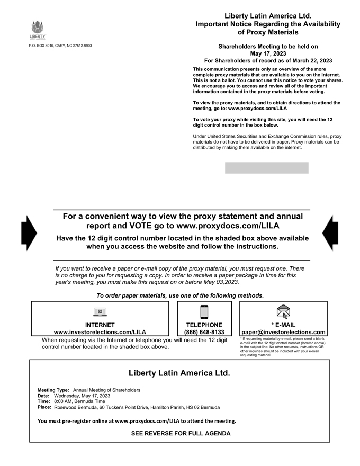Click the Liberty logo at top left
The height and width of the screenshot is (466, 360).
coord(37,30)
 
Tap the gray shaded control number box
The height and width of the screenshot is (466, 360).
coord(266,168)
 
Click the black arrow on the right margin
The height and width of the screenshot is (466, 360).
coord(330,233)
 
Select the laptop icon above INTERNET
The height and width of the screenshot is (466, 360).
coord(100,312)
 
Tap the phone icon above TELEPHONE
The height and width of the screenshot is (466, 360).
coord(204,312)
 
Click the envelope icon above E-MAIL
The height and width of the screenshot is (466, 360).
coord(283,312)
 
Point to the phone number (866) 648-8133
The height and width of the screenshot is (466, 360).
coord(204,333)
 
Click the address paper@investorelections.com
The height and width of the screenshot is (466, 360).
coord(283,333)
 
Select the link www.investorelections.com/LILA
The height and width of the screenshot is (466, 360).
coord(100,333)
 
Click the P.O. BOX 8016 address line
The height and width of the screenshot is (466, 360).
coord(60,46)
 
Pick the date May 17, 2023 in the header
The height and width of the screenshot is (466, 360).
coord(267,53)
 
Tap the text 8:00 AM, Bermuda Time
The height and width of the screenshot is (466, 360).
coord(79,402)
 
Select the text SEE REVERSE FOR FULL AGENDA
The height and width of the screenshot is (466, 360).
coord(181,433)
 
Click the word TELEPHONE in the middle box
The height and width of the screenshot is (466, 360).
coord(204,325)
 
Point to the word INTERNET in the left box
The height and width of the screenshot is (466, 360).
coord(100,325)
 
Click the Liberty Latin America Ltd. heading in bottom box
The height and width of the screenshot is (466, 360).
coord(179,373)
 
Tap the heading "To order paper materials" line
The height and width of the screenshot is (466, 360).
coord(180,295)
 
